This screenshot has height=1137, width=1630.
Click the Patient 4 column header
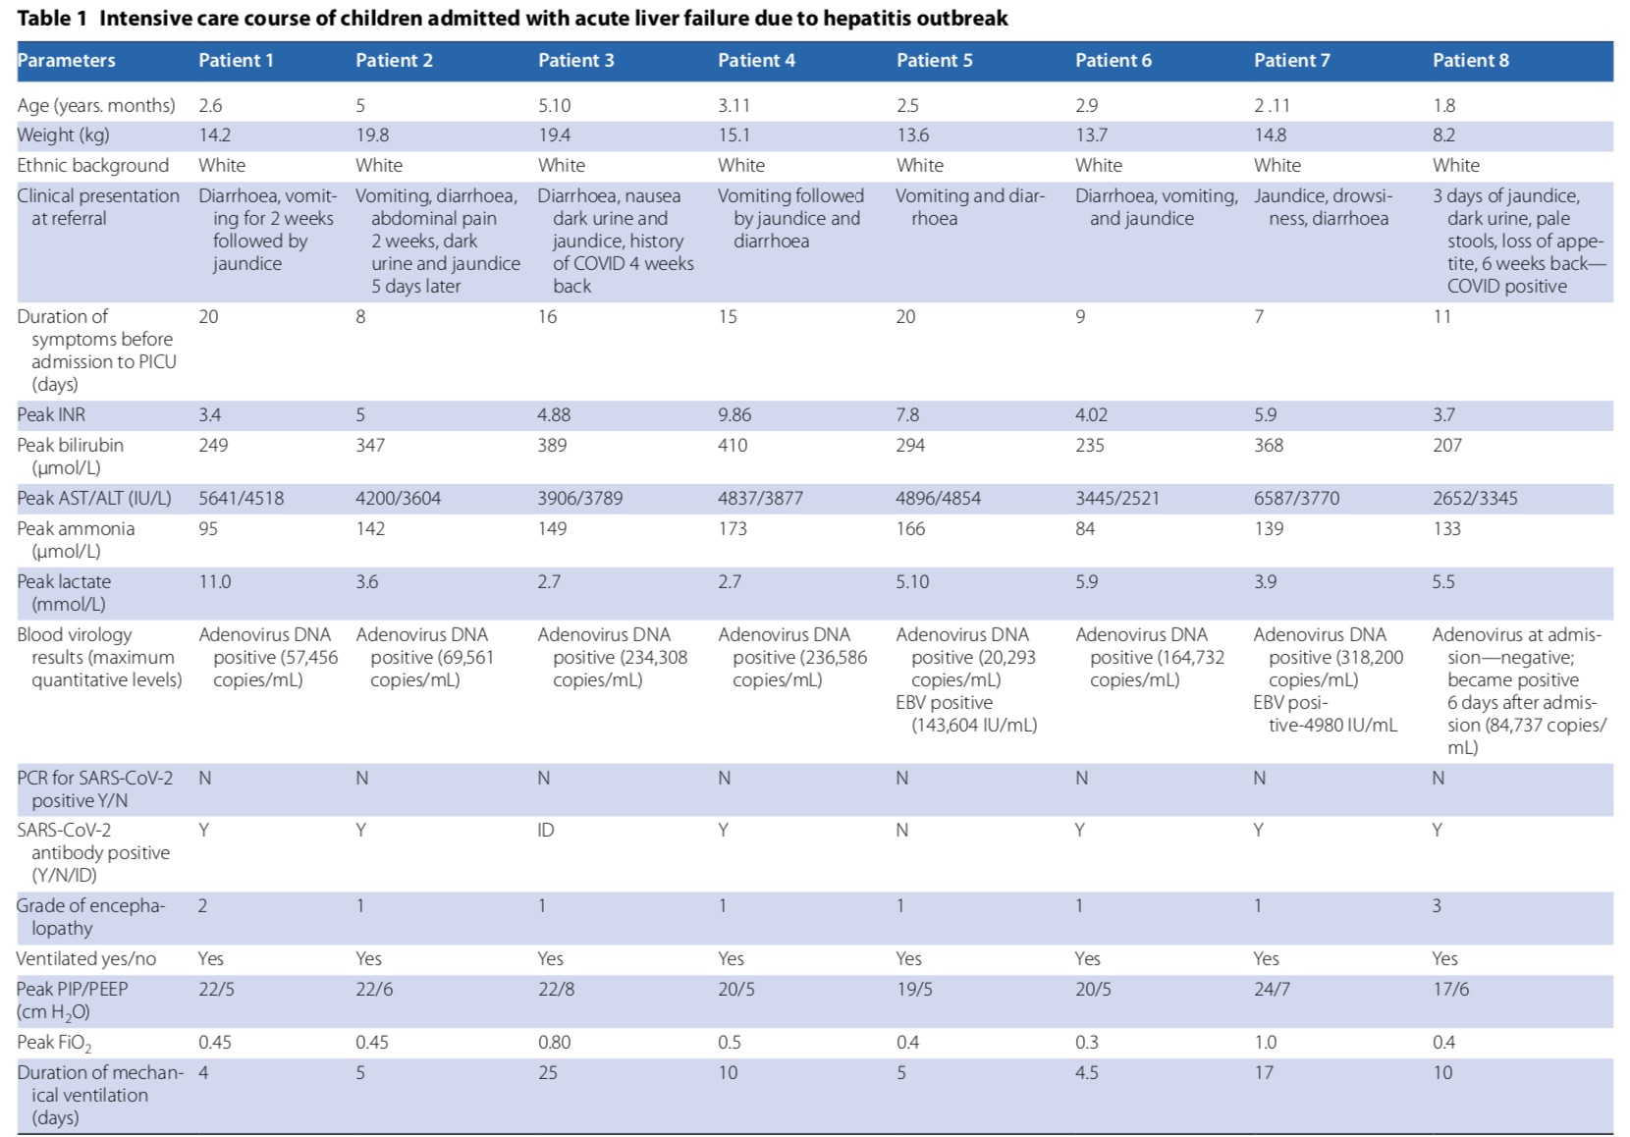click(x=756, y=60)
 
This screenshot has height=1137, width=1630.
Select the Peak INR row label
click(x=51, y=414)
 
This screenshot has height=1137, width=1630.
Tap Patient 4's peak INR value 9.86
click(x=735, y=414)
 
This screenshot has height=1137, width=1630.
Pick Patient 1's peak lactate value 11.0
click(x=215, y=582)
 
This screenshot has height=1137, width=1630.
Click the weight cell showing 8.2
click(x=1443, y=135)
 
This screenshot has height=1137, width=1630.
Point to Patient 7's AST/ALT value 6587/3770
click(x=1296, y=499)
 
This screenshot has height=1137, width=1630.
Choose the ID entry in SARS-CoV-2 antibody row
click(x=546, y=830)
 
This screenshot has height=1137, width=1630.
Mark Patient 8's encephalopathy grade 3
click(x=1437, y=905)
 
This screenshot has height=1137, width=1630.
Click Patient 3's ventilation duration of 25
click(x=547, y=1073)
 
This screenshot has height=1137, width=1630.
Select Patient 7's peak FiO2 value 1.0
click(x=1266, y=1043)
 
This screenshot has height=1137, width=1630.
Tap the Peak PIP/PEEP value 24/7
click(x=1272, y=990)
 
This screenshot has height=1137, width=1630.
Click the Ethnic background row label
click(x=93, y=166)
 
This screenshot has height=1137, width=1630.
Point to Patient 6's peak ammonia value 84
click(x=1085, y=529)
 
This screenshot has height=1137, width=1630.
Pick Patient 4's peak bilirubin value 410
click(x=733, y=445)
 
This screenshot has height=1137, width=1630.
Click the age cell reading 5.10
click(x=555, y=105)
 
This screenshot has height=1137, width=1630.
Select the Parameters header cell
click(x=66, y=60)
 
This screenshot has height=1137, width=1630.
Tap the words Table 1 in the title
click(x=52, y=19)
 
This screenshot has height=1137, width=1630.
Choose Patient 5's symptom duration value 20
click(x=906, y=317)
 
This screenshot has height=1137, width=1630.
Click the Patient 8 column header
click(x=1471, y=60)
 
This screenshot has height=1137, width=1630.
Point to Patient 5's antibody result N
click(x=902, y=830)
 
